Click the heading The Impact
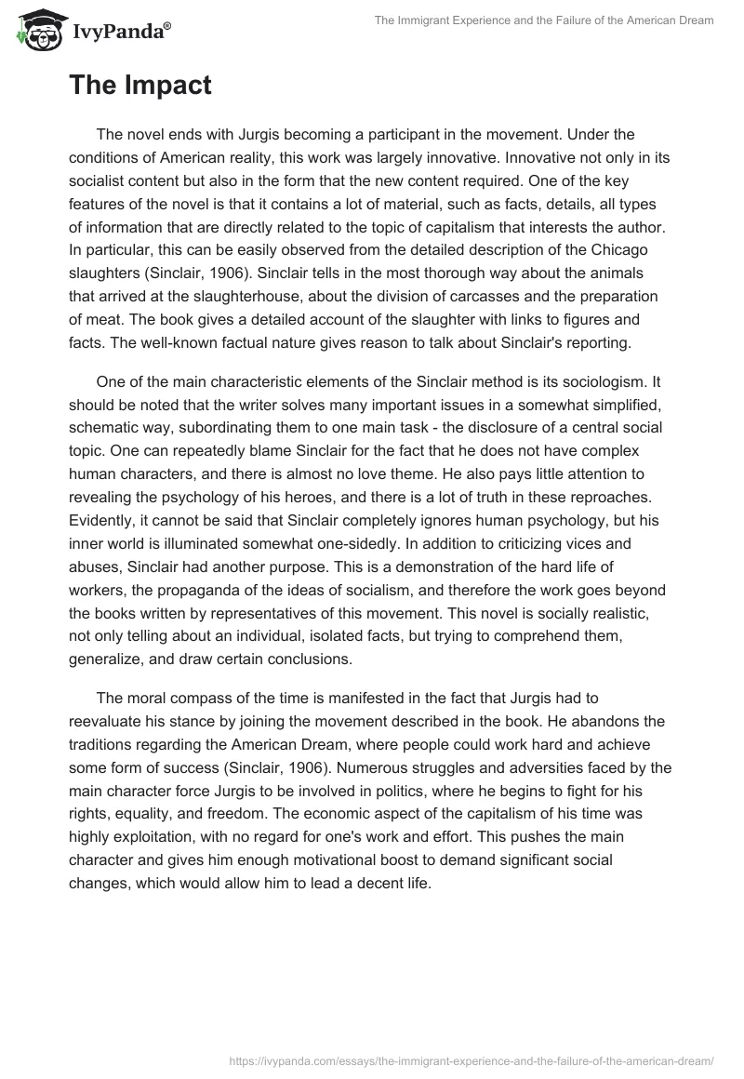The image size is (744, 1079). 139,86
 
